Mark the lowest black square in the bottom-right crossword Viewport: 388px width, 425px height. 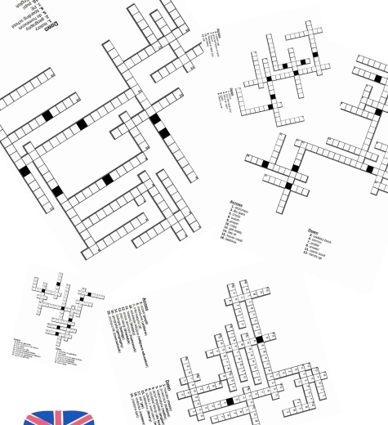coord(230,401)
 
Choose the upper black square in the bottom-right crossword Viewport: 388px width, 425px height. coord(259,338)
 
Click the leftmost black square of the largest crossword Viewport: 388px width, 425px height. coord(24,172)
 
